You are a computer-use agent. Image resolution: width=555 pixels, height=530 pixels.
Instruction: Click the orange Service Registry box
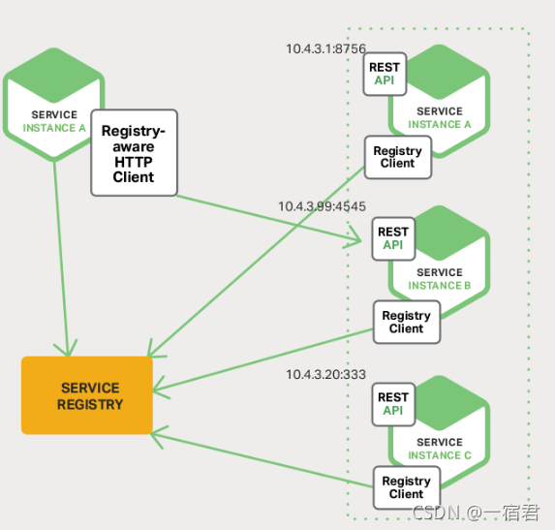(87, 395)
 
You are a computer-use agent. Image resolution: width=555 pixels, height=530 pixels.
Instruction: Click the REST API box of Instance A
(385, 74)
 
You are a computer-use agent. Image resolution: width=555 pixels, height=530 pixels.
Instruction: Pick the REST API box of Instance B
(392, 238)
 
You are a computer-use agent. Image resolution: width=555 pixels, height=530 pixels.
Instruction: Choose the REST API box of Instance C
(392, 403)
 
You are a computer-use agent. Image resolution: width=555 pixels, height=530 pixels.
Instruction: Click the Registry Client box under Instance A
(397, 157)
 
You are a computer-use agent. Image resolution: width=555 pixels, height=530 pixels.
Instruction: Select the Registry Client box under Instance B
(406, 322)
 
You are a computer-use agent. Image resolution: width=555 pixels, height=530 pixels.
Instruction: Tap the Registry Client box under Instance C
(406, 487)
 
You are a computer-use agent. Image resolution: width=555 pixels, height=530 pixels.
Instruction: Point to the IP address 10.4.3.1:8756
(325, 48)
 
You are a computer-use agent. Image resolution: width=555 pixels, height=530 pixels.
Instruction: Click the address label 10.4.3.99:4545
(322, 206)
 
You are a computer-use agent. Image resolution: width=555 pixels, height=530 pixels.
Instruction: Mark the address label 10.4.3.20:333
(325, 374)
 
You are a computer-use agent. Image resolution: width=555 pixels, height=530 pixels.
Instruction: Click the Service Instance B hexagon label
(439, 279)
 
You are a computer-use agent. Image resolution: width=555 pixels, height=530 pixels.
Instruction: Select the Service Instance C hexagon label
(439, 449)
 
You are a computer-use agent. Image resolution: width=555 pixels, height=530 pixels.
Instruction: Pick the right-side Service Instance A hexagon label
(439, 118)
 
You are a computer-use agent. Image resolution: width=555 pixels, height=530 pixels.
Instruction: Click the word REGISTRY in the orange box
(90, 404)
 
